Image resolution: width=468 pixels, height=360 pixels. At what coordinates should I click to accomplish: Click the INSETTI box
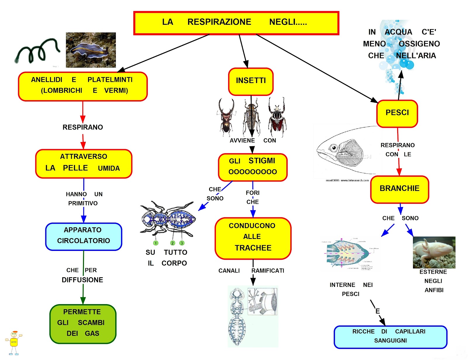click(251, 82)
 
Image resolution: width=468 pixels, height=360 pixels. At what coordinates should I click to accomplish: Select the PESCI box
click(397, 113)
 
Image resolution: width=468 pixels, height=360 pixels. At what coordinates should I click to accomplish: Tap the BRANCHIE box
click(399, 189)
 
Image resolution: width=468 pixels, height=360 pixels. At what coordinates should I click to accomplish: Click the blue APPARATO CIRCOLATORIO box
click(84, 236)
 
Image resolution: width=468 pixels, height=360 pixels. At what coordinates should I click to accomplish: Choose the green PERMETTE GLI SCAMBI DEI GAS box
click(83, 323)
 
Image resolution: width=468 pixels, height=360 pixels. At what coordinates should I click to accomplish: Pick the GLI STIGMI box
click(253, 167)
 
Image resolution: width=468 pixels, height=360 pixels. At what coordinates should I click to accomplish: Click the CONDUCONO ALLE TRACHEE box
click(253, 238)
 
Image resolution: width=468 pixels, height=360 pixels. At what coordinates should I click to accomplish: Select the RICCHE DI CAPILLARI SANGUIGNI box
click(390, 337)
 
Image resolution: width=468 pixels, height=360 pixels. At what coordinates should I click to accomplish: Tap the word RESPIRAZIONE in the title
click(219, 22)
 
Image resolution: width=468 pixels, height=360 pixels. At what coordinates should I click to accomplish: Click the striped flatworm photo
click(91, 50)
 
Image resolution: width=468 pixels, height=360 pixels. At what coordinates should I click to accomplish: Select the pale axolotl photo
click(434, 252)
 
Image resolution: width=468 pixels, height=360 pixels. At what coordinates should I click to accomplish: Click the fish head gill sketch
click(345, 151)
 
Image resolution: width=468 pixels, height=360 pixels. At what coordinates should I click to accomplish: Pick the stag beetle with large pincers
click(226, 117)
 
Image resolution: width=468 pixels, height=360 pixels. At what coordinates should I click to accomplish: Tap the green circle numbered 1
click(156, 243)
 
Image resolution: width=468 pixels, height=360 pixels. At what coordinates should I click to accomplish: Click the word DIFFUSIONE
click(82, 280)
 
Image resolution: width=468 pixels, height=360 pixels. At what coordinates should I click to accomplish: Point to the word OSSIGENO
click(419, 44)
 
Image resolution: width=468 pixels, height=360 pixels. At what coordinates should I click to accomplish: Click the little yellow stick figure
click(14, 342)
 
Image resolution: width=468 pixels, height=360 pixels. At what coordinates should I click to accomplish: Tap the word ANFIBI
click(434, 290)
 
